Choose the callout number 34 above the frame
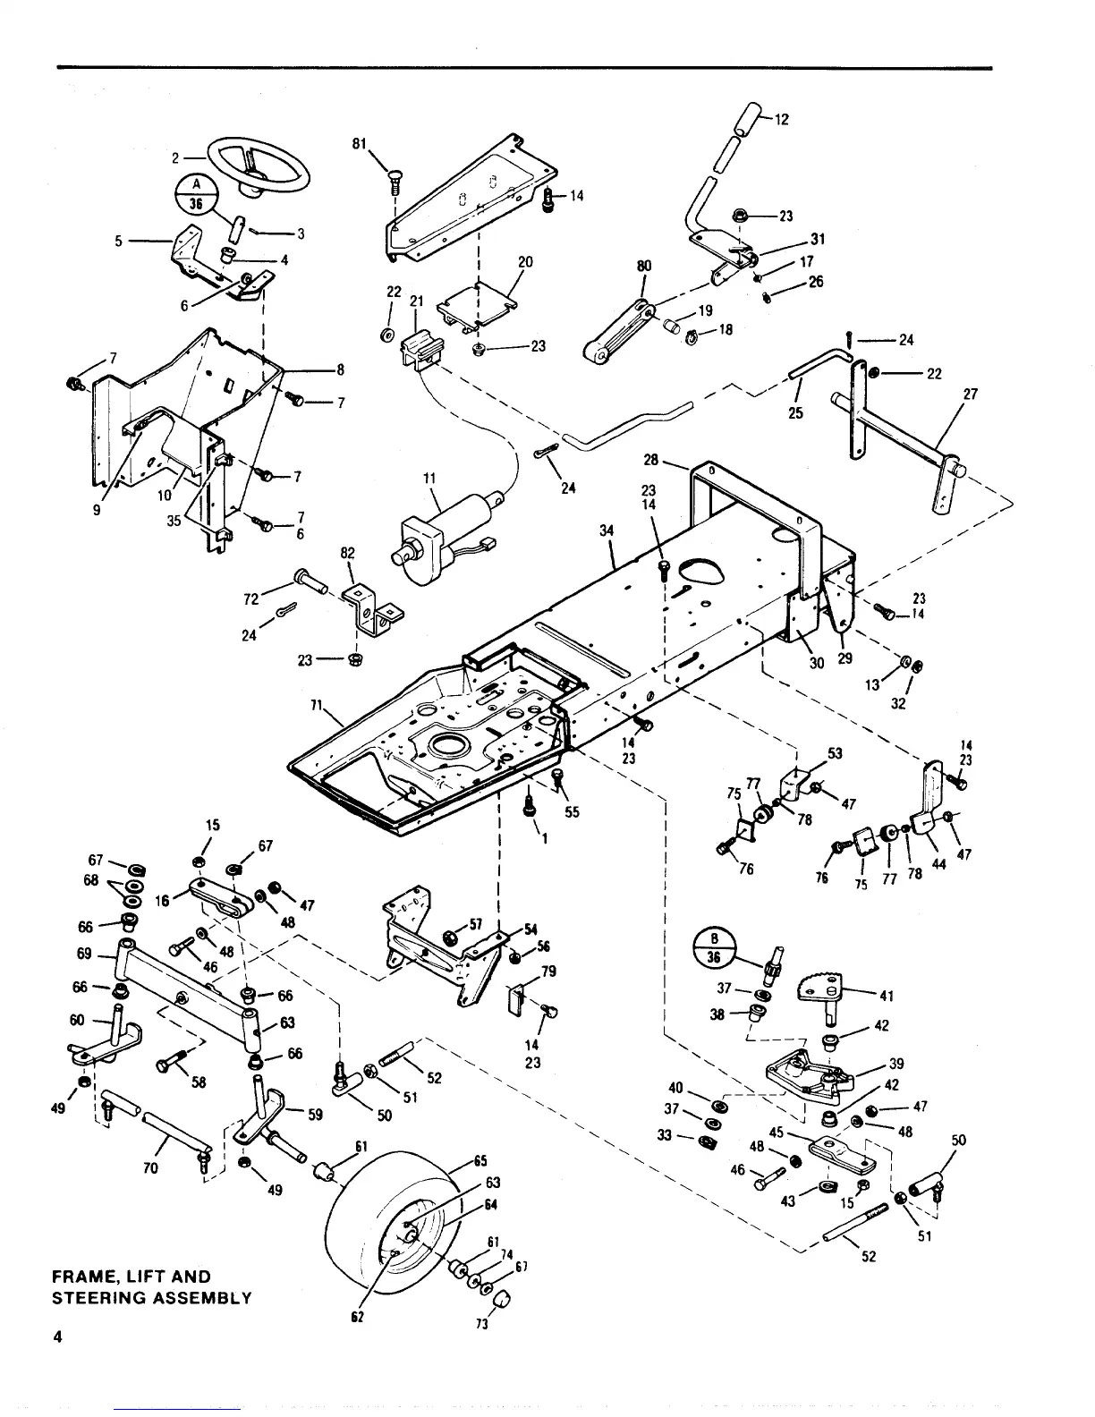pyautogui.click(x=607, y=531)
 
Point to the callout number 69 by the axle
pyautogui.click(x=86, y=954)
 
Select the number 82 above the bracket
pyautogui.click(x=347, y=555)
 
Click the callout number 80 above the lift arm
pyautogui.click(x=644, y=266)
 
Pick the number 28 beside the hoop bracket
pyautogui.click(x=651, y=460)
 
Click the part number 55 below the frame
pyautogui.click(x=573, y=813)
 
